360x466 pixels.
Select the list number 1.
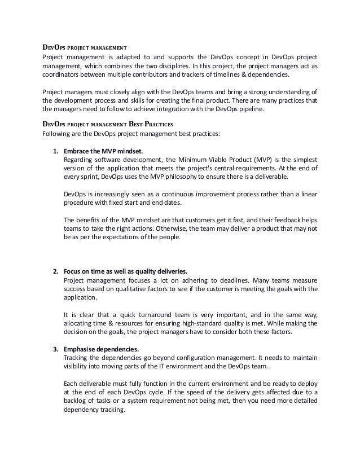pos(55,151)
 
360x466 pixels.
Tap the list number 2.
pos(55,262)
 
